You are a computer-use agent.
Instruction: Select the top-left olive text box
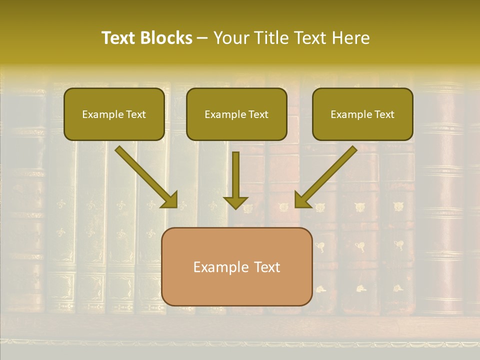[114, 114]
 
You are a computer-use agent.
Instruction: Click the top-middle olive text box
[236, 114]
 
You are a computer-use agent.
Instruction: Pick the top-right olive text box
[362, 114]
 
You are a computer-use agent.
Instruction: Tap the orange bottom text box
[236, 266]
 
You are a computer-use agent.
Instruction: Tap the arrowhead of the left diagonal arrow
[170, 200]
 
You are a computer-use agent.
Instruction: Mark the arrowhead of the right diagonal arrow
[302, 200]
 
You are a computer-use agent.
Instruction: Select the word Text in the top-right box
[384, 114]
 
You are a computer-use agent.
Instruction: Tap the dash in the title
[202, 38]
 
